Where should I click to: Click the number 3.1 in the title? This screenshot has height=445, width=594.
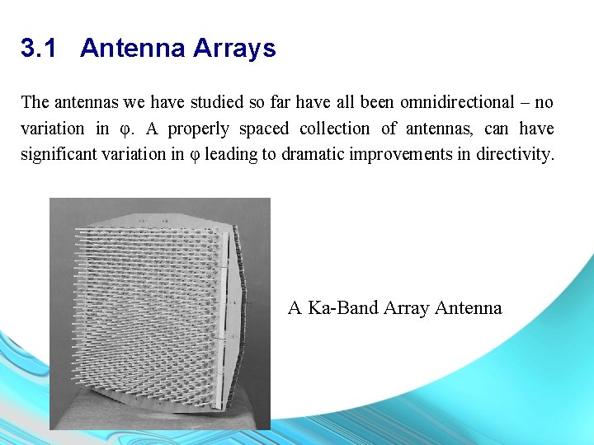[39, 49]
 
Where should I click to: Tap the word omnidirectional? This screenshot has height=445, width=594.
[456, 103]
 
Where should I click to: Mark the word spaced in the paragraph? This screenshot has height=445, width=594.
[263, 129]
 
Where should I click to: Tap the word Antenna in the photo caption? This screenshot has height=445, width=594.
[468, 308]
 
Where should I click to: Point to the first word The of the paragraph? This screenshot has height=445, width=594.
[35, 103]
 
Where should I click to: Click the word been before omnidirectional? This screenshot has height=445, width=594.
[375, 103]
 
